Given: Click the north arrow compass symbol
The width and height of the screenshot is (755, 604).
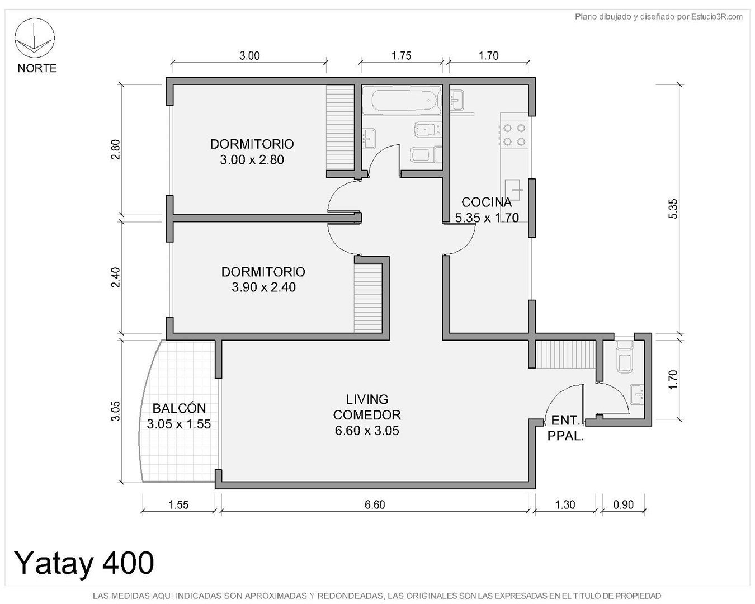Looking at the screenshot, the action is [x=34, y=38].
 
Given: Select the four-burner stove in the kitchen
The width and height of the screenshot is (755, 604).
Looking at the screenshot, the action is [x=514, y=135].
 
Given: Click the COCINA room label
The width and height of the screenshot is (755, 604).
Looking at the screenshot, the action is [x=487, y=202].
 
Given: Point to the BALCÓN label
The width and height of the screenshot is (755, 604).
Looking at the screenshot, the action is [x=179, y=408].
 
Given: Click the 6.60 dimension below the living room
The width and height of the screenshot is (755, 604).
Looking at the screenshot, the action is [x=375, y=504].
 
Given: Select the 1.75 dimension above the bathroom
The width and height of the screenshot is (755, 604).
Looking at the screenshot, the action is [x=401, y=56].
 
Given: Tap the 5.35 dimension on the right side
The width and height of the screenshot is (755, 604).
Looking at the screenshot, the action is [x=673, y=209].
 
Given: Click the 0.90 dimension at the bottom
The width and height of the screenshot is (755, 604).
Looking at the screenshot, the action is [x=624, y=504].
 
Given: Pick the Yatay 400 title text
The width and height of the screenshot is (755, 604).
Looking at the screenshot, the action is [x=84, y=563].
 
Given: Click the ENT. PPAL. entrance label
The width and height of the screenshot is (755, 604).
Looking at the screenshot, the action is [x=565, y=428].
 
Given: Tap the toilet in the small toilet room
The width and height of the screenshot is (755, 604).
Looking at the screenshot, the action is [x=624, y=356].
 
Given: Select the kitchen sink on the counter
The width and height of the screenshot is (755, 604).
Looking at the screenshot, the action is [x=513, y=190].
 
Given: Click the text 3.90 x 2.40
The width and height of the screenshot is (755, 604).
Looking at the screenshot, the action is [x=263, y=287].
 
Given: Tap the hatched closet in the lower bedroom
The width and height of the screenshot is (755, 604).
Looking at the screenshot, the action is [x=367, y=298].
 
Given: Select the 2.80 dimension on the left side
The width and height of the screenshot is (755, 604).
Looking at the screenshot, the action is [x=116, y=149].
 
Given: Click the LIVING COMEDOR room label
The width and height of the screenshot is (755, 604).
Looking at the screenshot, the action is [x=367, y=407].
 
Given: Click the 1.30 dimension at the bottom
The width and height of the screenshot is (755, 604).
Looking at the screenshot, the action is [x=565, y=504].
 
